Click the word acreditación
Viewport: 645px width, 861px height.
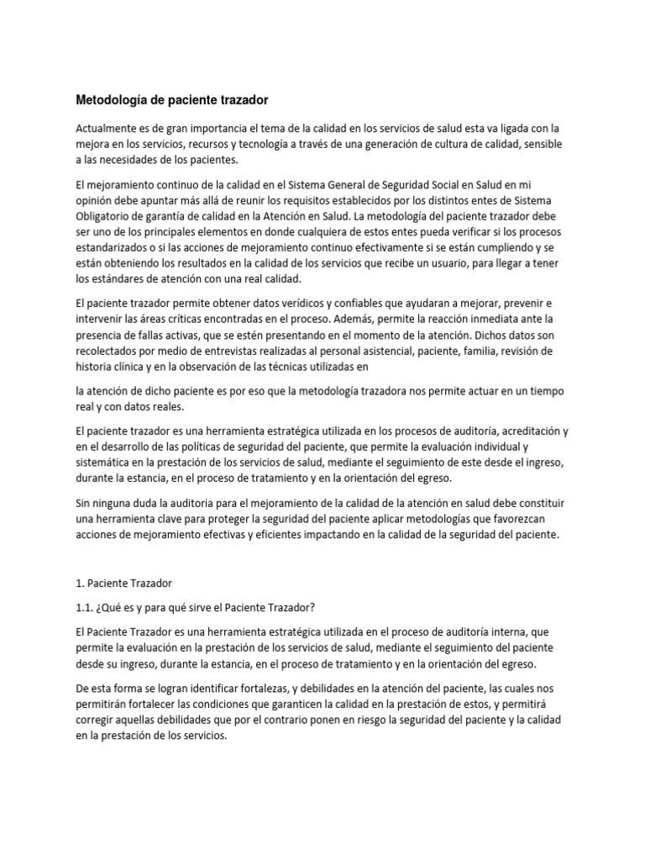tap(521, 430)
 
